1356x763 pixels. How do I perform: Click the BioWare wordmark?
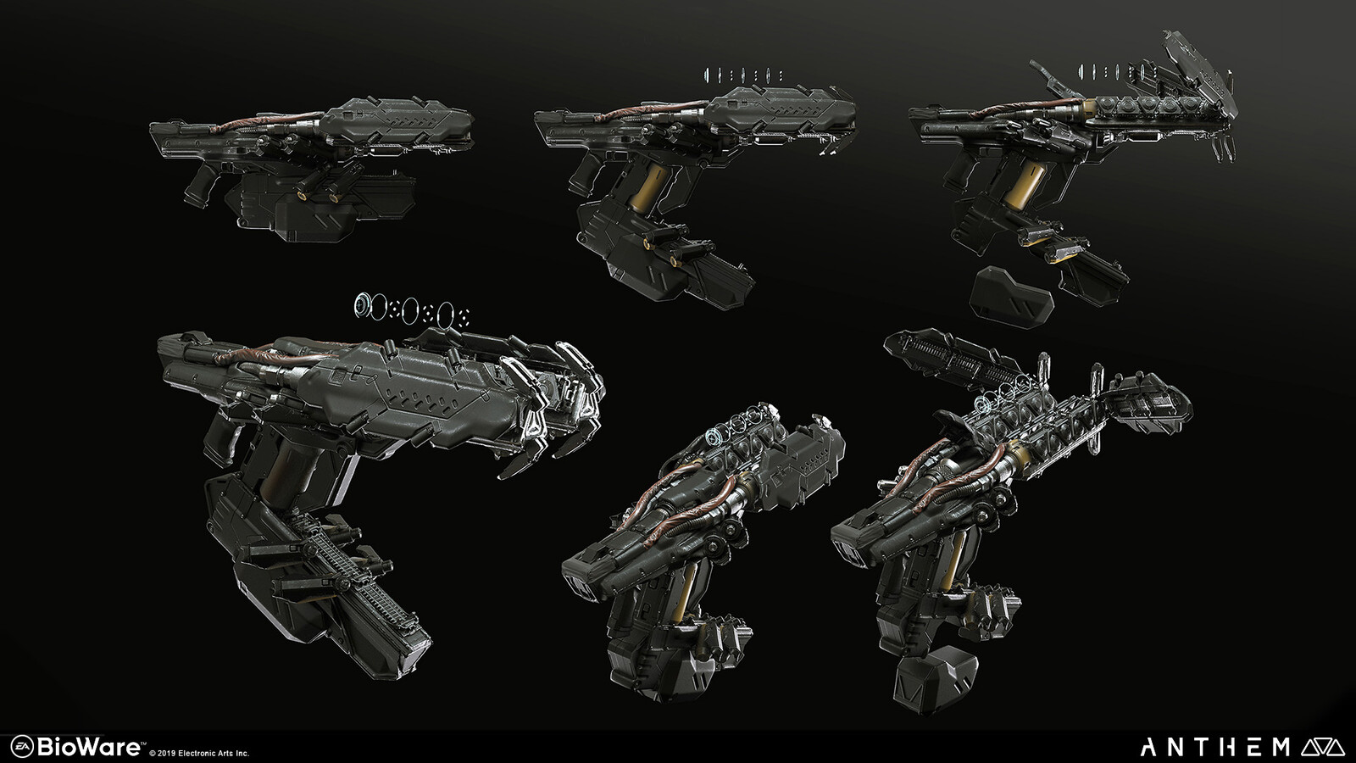pyautogui.click(x=90, y=746)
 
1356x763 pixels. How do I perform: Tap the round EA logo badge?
pyautogui.click(x=22, y=746)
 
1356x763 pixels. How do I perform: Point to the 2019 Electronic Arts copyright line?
pyautogui.click(x=199, y=754)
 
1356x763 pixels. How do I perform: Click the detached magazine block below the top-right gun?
pyautogui.click(x=1013, y=296)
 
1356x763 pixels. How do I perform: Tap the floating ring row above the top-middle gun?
pyautogui.click(x=743, y=75)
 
